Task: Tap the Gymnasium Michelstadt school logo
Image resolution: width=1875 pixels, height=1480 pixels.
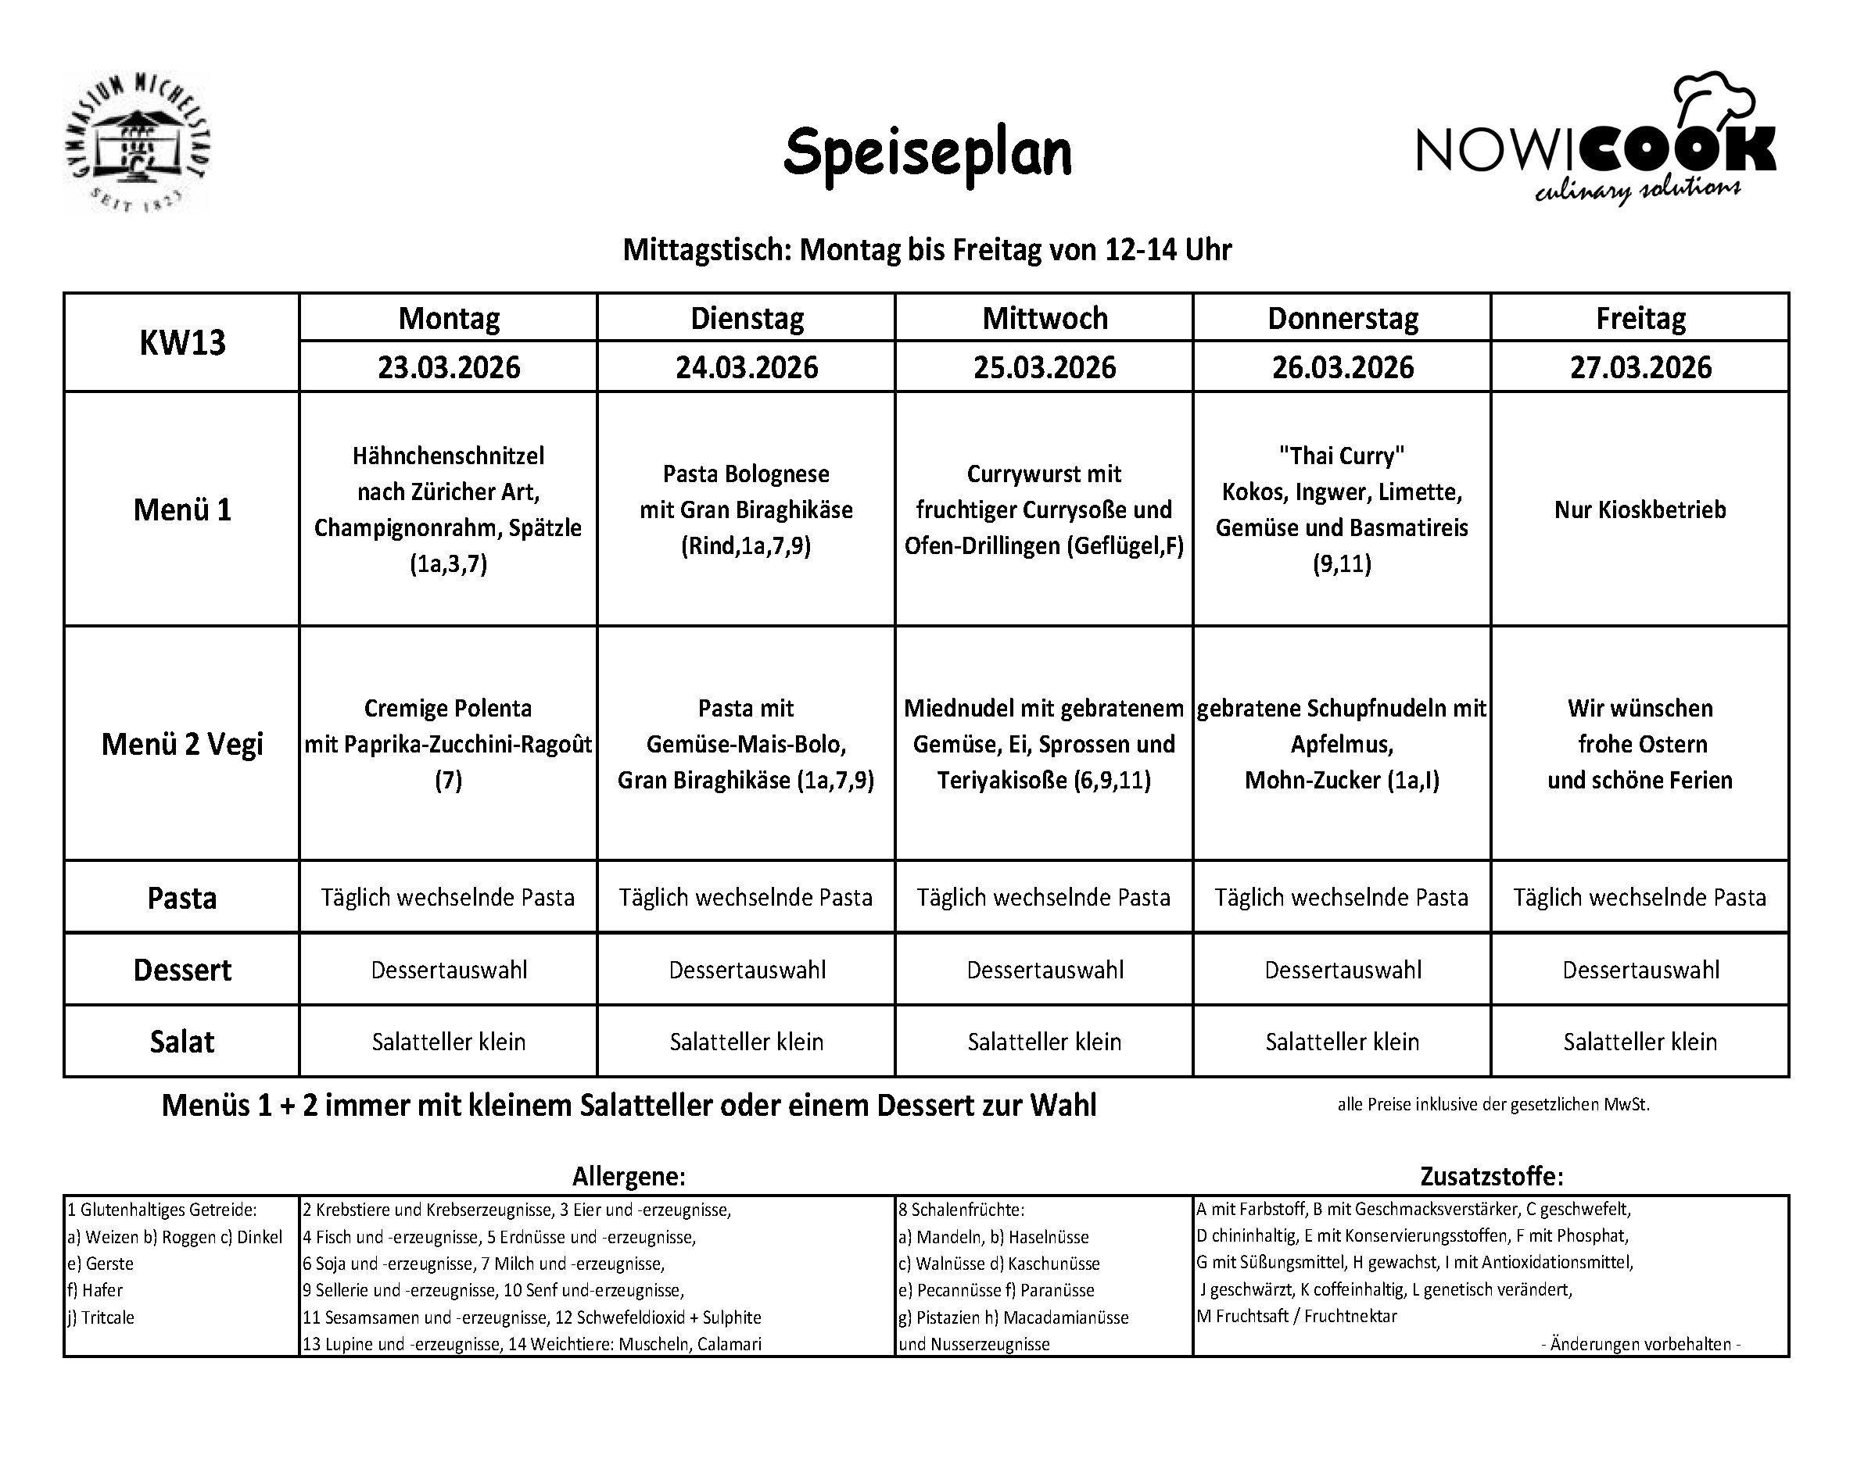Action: pyautogui.click(x=137, y=143)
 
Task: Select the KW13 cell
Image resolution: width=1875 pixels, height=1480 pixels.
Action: pyautogui.click(x=182, y=343)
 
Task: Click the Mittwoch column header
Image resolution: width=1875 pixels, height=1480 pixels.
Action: pyautogui.click(x=1045, y=319)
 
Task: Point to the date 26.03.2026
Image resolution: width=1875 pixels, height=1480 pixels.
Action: pyautogui.click(x=1342, y=367)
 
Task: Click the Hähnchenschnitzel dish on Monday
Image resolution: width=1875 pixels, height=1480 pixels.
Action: pyautogui.click(x=448, y=509)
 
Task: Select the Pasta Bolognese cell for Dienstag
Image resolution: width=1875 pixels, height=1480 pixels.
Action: pyautogui.click(x=745, y=509)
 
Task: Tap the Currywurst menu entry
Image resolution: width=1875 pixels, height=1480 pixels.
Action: pyautogui.click(x=1044, y=509)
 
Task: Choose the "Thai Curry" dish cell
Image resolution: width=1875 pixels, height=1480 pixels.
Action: pyautogui.click(x=1342, y=509)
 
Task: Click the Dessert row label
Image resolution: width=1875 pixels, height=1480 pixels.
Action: pyautogui.click(x=182, y=970)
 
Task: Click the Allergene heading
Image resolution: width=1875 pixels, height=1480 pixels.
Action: pyautogui.click(x=629, y=1176)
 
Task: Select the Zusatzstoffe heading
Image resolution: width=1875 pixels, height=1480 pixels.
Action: pyautogui.click(x=1491, y=1176)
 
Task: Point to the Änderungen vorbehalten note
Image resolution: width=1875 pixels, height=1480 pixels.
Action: pyautogui.click(x=1640, y=1344)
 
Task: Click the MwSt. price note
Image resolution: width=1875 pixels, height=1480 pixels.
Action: pyautogui.click(x=1493, y=1105)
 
